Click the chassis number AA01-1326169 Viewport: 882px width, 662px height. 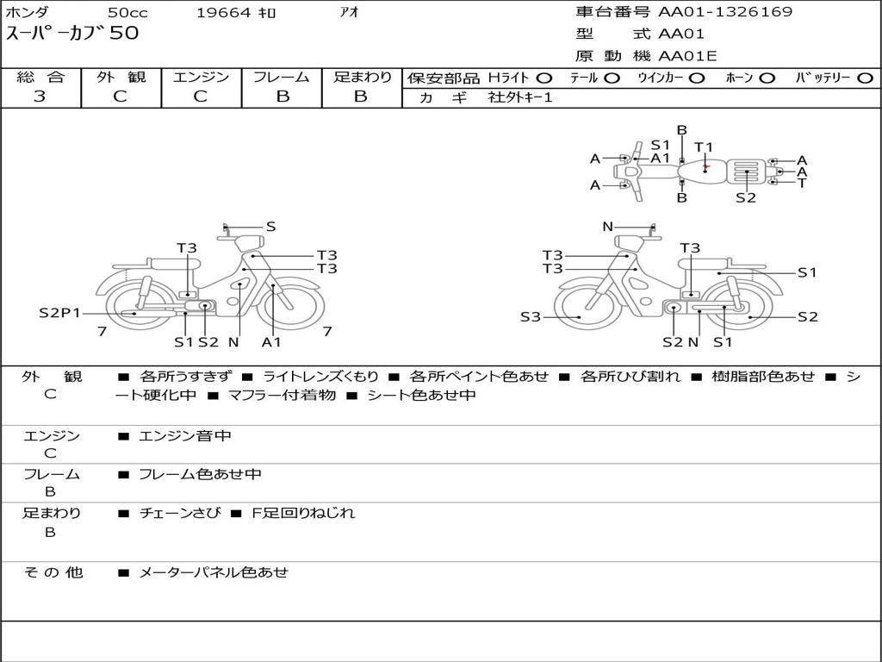point(725,12)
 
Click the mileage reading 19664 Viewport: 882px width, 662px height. point(224,12)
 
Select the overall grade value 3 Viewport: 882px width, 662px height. point(40,97)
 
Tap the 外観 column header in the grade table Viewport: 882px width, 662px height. point(121,78)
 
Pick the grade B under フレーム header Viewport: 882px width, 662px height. point(282,97)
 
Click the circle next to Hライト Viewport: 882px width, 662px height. point(544,78)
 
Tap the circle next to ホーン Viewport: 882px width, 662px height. point(767,78)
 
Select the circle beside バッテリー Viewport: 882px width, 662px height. point(865,78)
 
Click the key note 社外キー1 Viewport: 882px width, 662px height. point(520,97)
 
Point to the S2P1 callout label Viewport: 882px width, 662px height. point(59,313)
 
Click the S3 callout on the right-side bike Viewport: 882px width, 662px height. point(531,317)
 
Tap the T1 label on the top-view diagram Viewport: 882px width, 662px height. point(704,147)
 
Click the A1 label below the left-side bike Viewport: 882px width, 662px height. point(271,342)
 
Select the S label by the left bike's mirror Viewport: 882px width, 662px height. point(270,227)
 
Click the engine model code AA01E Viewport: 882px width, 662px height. point(687,57)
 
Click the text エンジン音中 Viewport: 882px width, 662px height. point(185,436)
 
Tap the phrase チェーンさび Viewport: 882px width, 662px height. point(179,513)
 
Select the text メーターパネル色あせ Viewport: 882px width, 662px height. point(214,571)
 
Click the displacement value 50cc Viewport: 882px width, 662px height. point(127,12)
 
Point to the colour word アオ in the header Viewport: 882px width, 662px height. point(349,12)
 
